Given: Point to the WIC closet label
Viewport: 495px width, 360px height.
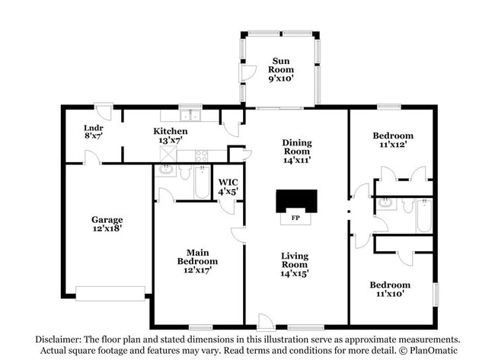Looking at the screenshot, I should point(228,187).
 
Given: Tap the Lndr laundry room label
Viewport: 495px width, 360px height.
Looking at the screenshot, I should point(93,129).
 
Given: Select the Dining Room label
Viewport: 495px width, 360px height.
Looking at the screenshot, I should point(297,147).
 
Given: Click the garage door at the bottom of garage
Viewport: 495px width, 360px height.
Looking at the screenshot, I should point(110,292).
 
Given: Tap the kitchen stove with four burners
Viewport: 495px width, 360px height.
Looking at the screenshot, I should point(201,155).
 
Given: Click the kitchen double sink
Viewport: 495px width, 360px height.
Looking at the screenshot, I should point(190,116).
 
